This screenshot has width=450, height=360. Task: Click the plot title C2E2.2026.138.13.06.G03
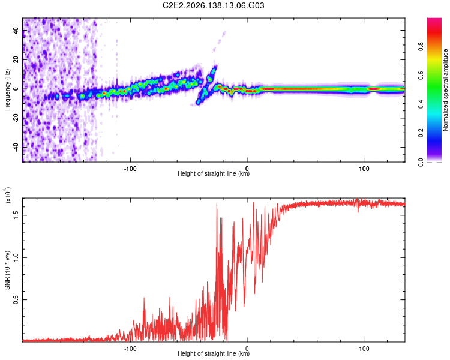(x=213, y=5)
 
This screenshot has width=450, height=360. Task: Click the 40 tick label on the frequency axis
(x=16, y=31)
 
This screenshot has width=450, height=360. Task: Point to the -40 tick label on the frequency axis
(x=16, y=147)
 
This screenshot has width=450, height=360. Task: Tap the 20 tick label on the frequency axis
(x=16, y=60)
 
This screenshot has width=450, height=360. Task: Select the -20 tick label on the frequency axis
(x=16, y=118)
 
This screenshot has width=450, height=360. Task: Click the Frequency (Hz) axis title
(x=7, y=90)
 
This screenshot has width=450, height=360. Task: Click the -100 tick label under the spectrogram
(x=130, y=169)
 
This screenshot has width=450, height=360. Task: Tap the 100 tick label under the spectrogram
(x=364, y=169)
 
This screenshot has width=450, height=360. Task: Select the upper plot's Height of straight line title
(x=214, y=173)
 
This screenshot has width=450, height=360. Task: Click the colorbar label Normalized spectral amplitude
(x=445, y=90)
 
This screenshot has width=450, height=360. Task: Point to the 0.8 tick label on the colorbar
(x=421, y=46)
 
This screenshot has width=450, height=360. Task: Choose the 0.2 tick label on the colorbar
(x=421, y=133)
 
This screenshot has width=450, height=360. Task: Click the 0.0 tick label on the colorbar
(x=421, y=162)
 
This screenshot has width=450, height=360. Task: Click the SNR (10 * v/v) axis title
(x=7, y=270)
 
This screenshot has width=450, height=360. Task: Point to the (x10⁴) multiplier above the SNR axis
(x=7, y=195)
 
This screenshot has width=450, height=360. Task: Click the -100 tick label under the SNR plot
(x=130, y=349)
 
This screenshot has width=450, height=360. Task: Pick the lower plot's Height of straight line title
(x=214, y=353)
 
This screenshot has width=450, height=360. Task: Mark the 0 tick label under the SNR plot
(x=247, y=349)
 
